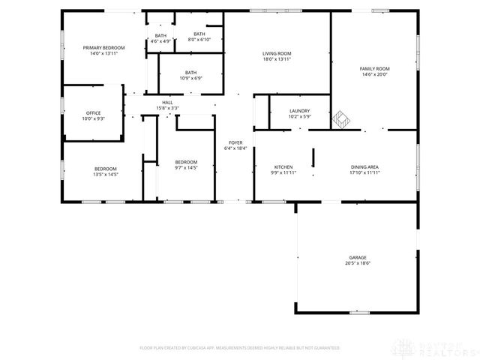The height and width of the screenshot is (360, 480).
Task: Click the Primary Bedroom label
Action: [103, 48]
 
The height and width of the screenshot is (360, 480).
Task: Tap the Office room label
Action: [93, 113]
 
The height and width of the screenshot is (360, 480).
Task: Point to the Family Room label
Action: [376, 68]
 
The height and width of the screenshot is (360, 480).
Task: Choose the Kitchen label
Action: [283, 166]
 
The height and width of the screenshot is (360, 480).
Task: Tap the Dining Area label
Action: [364, 166]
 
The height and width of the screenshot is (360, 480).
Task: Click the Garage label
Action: [358, 257]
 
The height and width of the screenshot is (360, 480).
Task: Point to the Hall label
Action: [167, 103]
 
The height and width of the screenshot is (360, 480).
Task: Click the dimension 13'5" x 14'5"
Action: [105, 174]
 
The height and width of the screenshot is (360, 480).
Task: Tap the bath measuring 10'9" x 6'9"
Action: [187, 73]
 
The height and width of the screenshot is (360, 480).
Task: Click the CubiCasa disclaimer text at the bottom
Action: [240, 348]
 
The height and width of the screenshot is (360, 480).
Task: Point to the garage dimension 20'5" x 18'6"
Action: [358, 263]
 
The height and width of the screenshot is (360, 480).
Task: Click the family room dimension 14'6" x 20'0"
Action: [376, 73]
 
